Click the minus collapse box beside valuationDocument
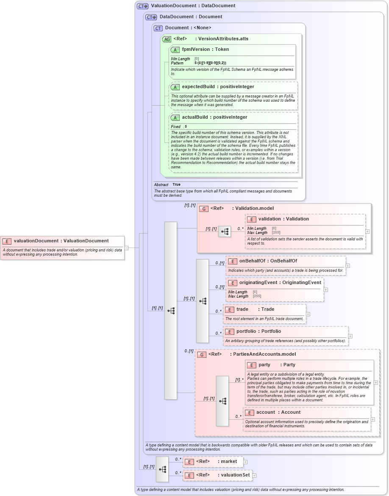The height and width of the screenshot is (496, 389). point(126,248)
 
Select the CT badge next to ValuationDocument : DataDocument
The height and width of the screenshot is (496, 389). point(142,6)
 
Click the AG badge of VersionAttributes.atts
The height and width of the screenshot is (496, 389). point(167,39)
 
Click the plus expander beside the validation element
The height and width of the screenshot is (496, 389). point(367,231)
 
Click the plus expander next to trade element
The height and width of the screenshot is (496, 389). point(308,314)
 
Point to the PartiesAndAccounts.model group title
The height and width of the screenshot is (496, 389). point(262,354)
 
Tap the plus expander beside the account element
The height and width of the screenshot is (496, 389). point(373,419)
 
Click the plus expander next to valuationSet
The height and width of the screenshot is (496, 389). point(254,476)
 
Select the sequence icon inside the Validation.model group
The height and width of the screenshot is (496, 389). point(225,231)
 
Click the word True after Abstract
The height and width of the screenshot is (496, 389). point(176,185)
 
